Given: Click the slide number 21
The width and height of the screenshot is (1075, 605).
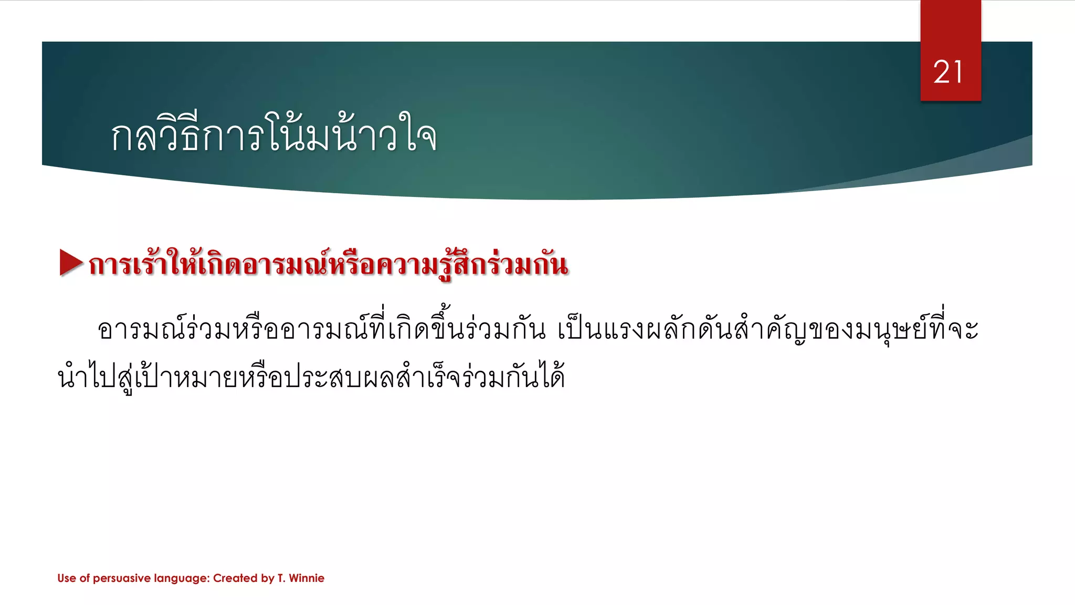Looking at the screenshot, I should point(948,72).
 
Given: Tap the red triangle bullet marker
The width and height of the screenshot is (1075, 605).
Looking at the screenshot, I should point(71,263).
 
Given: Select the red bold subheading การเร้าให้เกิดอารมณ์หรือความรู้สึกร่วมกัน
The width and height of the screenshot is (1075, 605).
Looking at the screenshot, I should point(328,264).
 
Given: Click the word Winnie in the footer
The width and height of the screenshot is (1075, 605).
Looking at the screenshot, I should point(307,578).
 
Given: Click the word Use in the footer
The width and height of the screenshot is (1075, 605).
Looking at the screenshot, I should point(67,578).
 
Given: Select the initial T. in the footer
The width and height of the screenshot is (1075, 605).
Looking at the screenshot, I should point(281,578).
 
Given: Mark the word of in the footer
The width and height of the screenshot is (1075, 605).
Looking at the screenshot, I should point(85,578).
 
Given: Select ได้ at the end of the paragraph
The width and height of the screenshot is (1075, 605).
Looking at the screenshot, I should point(551,376).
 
